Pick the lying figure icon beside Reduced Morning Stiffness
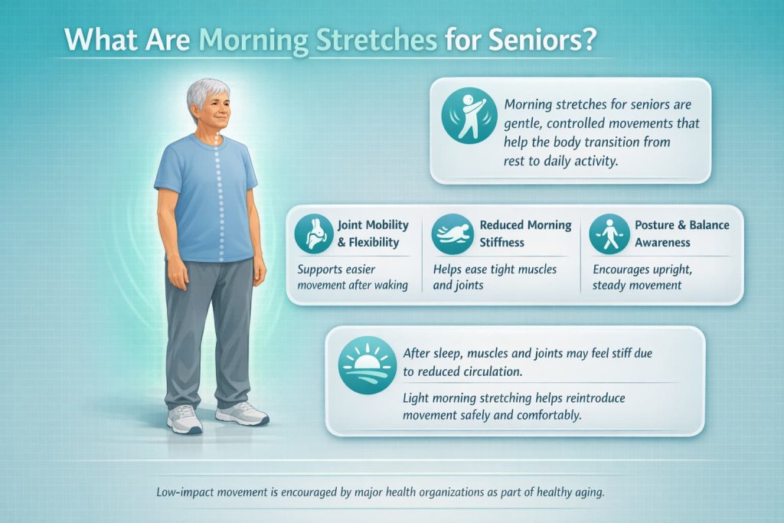(452, 234)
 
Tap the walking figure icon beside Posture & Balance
(609, 234)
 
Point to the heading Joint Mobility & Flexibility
(374, 234)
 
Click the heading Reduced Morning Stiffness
(525, 234)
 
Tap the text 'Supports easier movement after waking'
(353, 277)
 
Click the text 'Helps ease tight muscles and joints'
(495, 277)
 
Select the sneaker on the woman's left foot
(241, 414)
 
